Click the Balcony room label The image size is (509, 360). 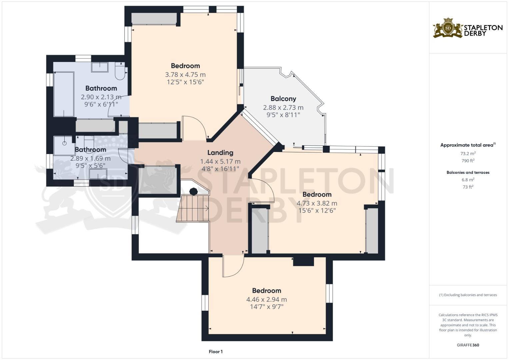[x=283, y=99]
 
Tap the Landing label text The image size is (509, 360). [x=220, y=153]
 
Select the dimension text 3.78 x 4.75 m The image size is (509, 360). [x=185, y=74]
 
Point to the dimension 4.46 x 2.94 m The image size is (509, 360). [x=266, y=299]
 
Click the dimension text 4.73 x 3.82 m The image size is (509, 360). [x=317, y=203]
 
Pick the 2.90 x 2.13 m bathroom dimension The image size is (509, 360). [x=101, y=97]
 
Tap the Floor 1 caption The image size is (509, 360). [x=216, y=352]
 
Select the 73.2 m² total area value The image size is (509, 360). [x=468, y=153]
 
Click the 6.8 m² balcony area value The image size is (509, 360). [x=468, y=180]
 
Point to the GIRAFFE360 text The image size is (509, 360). [x=468, y=345]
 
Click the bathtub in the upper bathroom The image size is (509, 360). [x=64, y=94]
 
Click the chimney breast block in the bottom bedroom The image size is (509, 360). [x=303, y=261]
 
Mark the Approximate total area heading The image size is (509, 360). [x=468, y=145]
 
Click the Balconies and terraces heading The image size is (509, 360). [x=468, y=172]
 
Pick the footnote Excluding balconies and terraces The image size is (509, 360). [x=468, y=295]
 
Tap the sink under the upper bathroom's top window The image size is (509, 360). [x=100, y=67]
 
